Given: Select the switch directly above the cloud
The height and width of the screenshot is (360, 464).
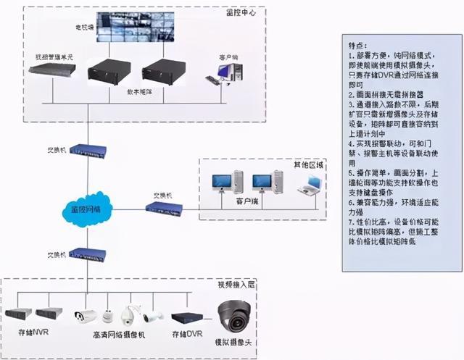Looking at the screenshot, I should click(87, 151).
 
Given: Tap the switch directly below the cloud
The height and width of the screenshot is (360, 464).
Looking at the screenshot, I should click(87, 255).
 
